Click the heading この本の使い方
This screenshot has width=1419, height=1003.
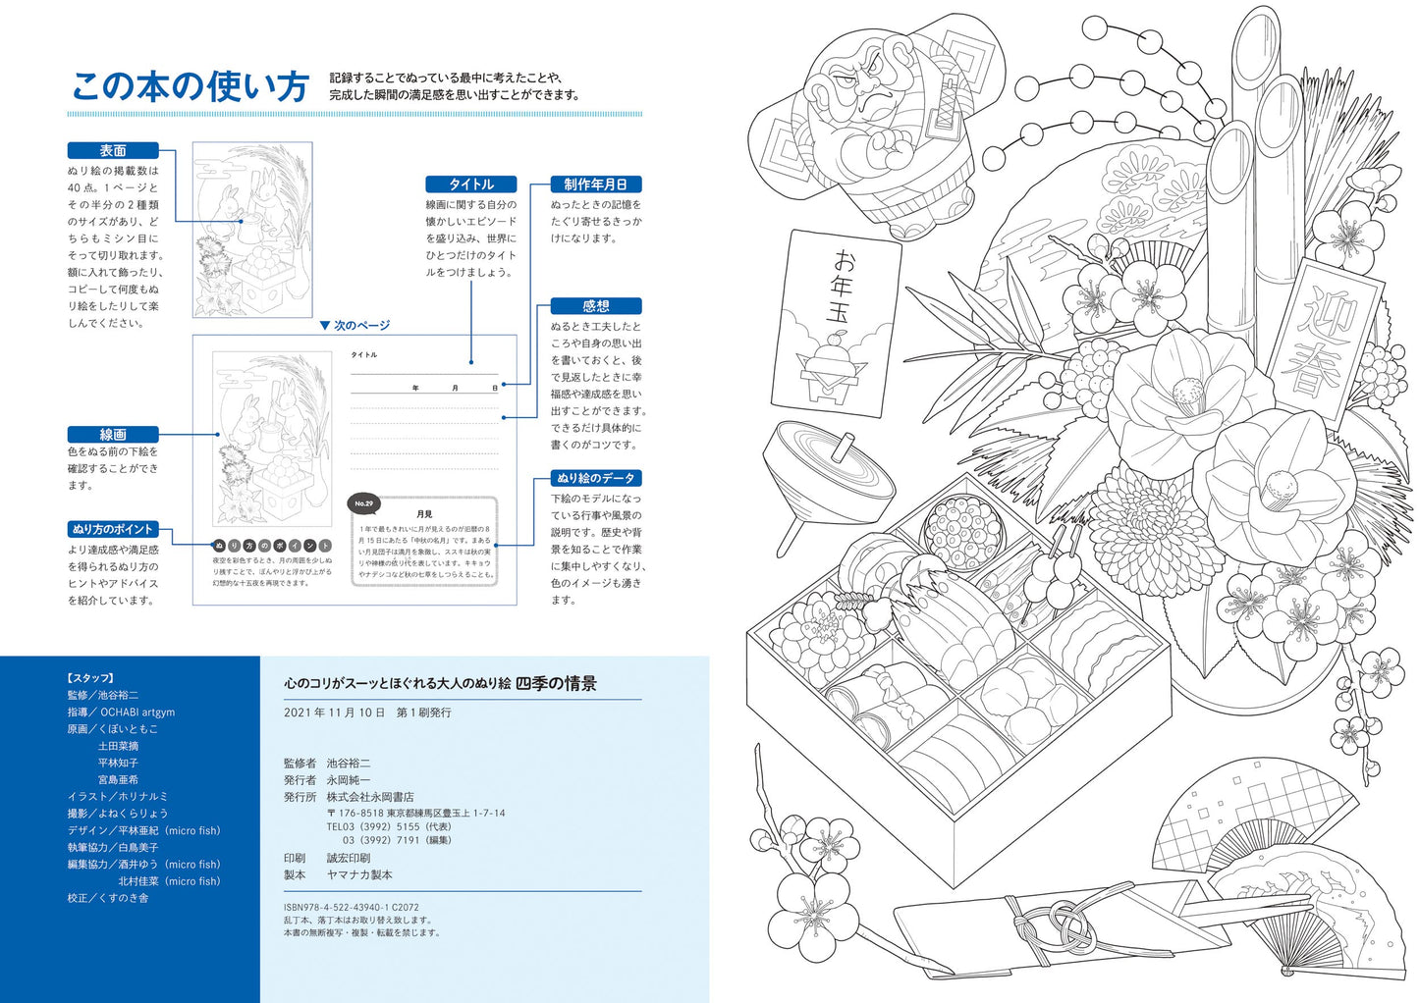(191, 86)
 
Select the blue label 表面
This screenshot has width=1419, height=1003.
(113, 150)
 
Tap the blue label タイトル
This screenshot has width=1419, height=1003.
(471, 185)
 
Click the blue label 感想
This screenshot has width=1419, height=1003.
(595, 306)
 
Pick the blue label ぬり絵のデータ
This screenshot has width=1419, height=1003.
(595, 478)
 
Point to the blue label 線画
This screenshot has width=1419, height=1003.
(113, 434)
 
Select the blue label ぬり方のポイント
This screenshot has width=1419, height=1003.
(113, 529)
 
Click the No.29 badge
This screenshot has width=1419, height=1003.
(363, 503)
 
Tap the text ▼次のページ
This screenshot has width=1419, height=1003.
(355, 325)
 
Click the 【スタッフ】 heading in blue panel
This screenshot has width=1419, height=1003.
(90, 678)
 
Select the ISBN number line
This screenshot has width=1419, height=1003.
(351, 908)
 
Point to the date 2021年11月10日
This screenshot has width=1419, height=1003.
(334, 713)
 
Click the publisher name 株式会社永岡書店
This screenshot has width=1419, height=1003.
(370, 797)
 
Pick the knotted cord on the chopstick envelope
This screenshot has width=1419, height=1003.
(1061, 920)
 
